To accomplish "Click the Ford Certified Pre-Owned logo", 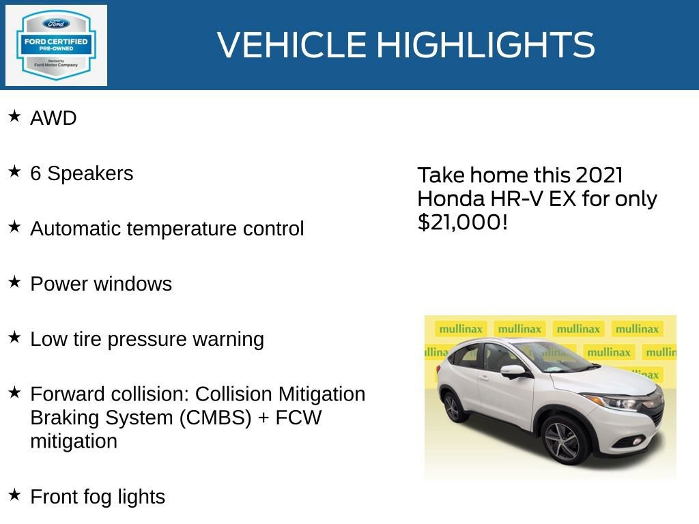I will coord(56,45).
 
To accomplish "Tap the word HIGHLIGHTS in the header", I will coord(485,45).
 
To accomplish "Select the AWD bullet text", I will coord(53,118).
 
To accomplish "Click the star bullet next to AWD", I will coord(14,117).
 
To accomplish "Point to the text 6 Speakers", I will coord(81,173).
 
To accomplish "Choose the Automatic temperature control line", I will coord(167,229).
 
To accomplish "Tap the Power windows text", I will coord(101,284).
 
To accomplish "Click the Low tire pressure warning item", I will coord(147,339).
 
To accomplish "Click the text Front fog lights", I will coord(97,497).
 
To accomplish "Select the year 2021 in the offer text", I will coord(599,175).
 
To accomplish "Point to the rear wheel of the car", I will coord(452,407).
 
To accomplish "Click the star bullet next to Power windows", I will coord(14,282).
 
